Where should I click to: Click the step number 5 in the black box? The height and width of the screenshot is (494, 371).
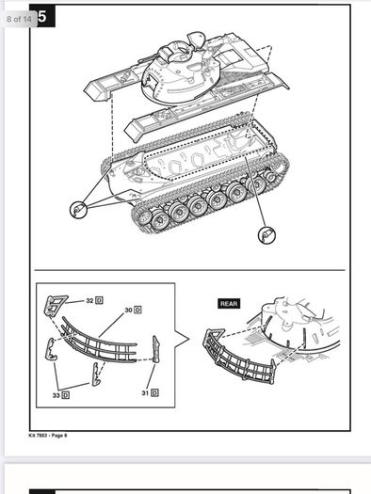click(42, 16)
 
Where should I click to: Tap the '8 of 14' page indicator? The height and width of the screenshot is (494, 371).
click(19, 19)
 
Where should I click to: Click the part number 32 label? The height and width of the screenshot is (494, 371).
click(89, 300)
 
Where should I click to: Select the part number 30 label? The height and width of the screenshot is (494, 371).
click(128, 310)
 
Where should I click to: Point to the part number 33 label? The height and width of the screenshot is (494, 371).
click(56, 395)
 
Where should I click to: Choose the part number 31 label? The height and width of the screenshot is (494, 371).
click(145, 393)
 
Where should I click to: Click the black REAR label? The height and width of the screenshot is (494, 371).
click(229, 304)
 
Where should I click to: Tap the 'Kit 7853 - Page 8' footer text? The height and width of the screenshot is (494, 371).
click(48, 436)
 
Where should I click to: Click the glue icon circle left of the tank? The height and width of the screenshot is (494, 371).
click(78, 210)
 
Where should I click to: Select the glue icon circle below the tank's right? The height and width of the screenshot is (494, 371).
click(266, 235)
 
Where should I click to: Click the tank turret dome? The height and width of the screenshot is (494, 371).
click(180, 75)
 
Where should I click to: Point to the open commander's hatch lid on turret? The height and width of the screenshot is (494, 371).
click(196, 40)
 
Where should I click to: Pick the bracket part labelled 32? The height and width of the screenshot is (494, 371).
click(55, 305)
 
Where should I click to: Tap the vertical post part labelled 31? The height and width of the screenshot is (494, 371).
click(156, 349)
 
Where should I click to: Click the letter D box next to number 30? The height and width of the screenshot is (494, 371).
click(137, 310)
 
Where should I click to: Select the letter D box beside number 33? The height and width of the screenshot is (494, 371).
click(66, 395)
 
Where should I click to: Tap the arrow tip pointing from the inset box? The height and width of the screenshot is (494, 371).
click(189, 340)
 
